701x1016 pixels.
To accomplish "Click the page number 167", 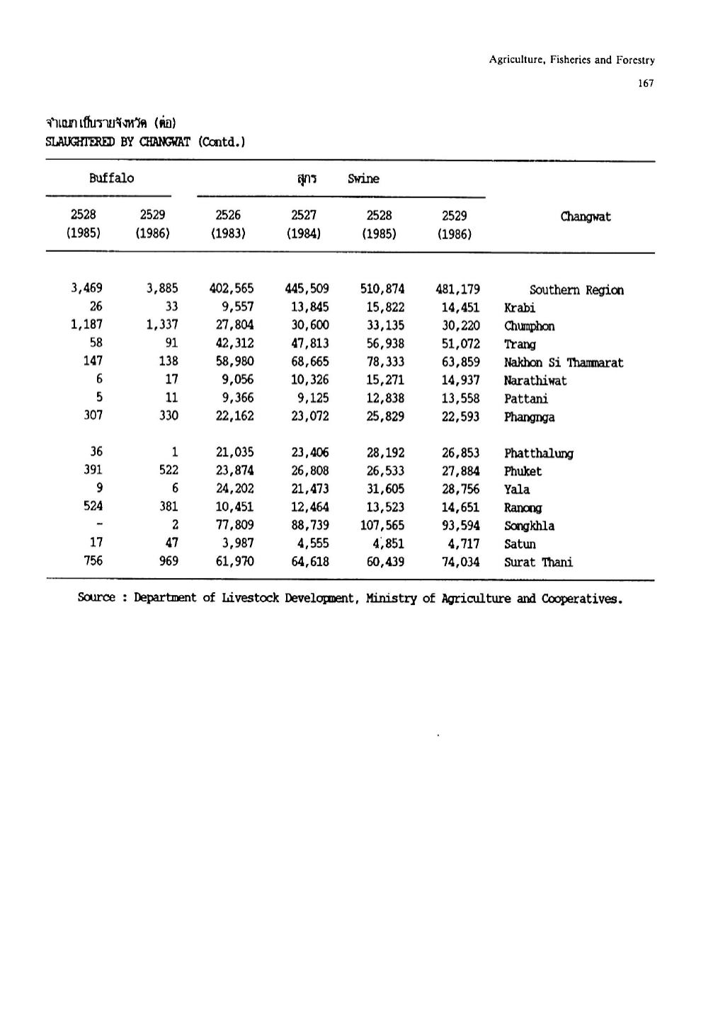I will click(x=645, y=83).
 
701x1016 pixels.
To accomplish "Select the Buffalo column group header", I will click(x=111, y=178).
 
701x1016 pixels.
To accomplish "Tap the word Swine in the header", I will click(x=363, y=179).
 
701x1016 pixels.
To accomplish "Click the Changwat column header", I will click(x=585, y=217).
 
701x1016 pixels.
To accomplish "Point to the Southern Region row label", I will click(x=576, y=290).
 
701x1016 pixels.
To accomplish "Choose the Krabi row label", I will click(x=520, y=308).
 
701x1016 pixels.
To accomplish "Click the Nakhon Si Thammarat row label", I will click(x=564, y=362).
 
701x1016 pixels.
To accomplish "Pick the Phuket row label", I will click(x=523, y=471).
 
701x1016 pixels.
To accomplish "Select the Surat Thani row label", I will click(x=538, y=562).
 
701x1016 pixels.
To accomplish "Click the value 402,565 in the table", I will click(x=232, y=289).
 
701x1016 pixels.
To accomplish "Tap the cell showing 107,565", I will click(x=382, y=525).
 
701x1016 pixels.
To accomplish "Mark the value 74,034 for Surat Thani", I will click(x=460, y=562).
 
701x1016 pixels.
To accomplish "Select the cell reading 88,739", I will click(x=310, y=525).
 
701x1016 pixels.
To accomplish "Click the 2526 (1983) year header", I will click(x=228, y=224).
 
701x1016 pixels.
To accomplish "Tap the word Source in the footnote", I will click(x=96, y=598).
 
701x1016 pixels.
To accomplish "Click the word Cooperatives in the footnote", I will click(x=581, y=599).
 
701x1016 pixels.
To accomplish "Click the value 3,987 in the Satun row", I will click(x=238, y=543).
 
